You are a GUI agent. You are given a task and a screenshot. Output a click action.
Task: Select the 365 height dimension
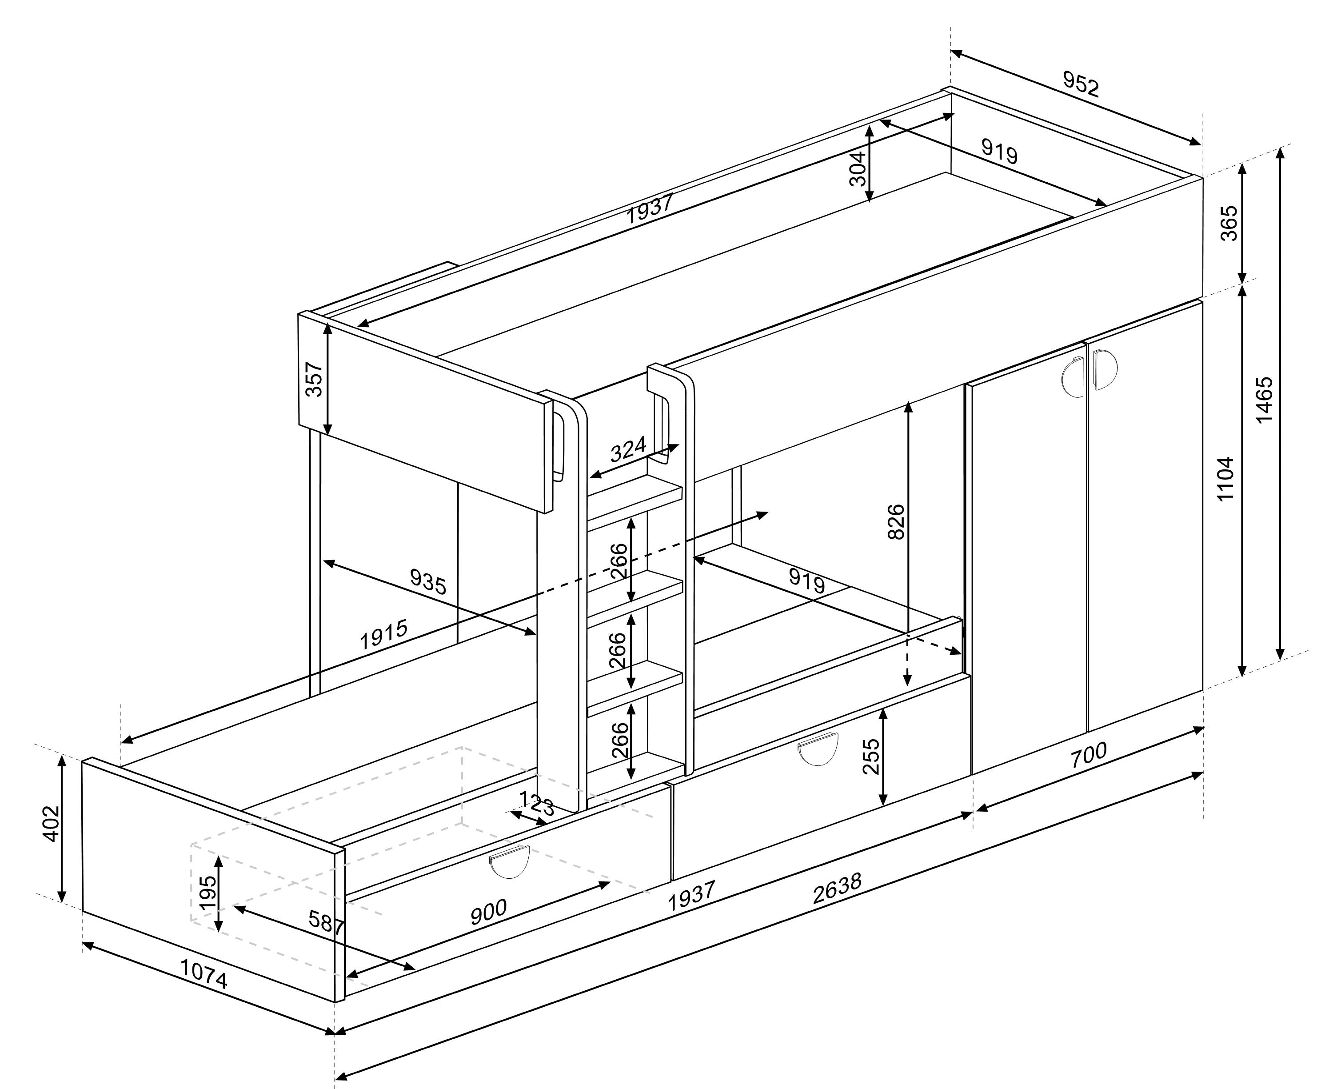[x=1229, y=223]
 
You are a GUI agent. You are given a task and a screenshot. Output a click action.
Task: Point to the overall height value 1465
[x=1264, y=400]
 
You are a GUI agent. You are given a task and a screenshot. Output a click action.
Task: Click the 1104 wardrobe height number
[x=1225, y=479]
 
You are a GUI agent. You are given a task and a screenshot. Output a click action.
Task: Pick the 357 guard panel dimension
[x=314, y=379]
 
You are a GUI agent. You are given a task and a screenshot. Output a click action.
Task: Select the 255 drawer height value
[x=871, y=757]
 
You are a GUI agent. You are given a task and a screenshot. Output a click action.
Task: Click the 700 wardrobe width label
[x=1088, y=755]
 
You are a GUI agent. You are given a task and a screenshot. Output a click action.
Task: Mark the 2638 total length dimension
[x=837, y=888]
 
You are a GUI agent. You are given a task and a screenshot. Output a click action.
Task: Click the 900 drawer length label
[x=489, y=912]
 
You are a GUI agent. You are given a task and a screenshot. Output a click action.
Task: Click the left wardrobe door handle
[x=1073, y=377]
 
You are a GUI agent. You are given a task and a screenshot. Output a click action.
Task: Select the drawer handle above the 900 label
[x=509, y=862]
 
